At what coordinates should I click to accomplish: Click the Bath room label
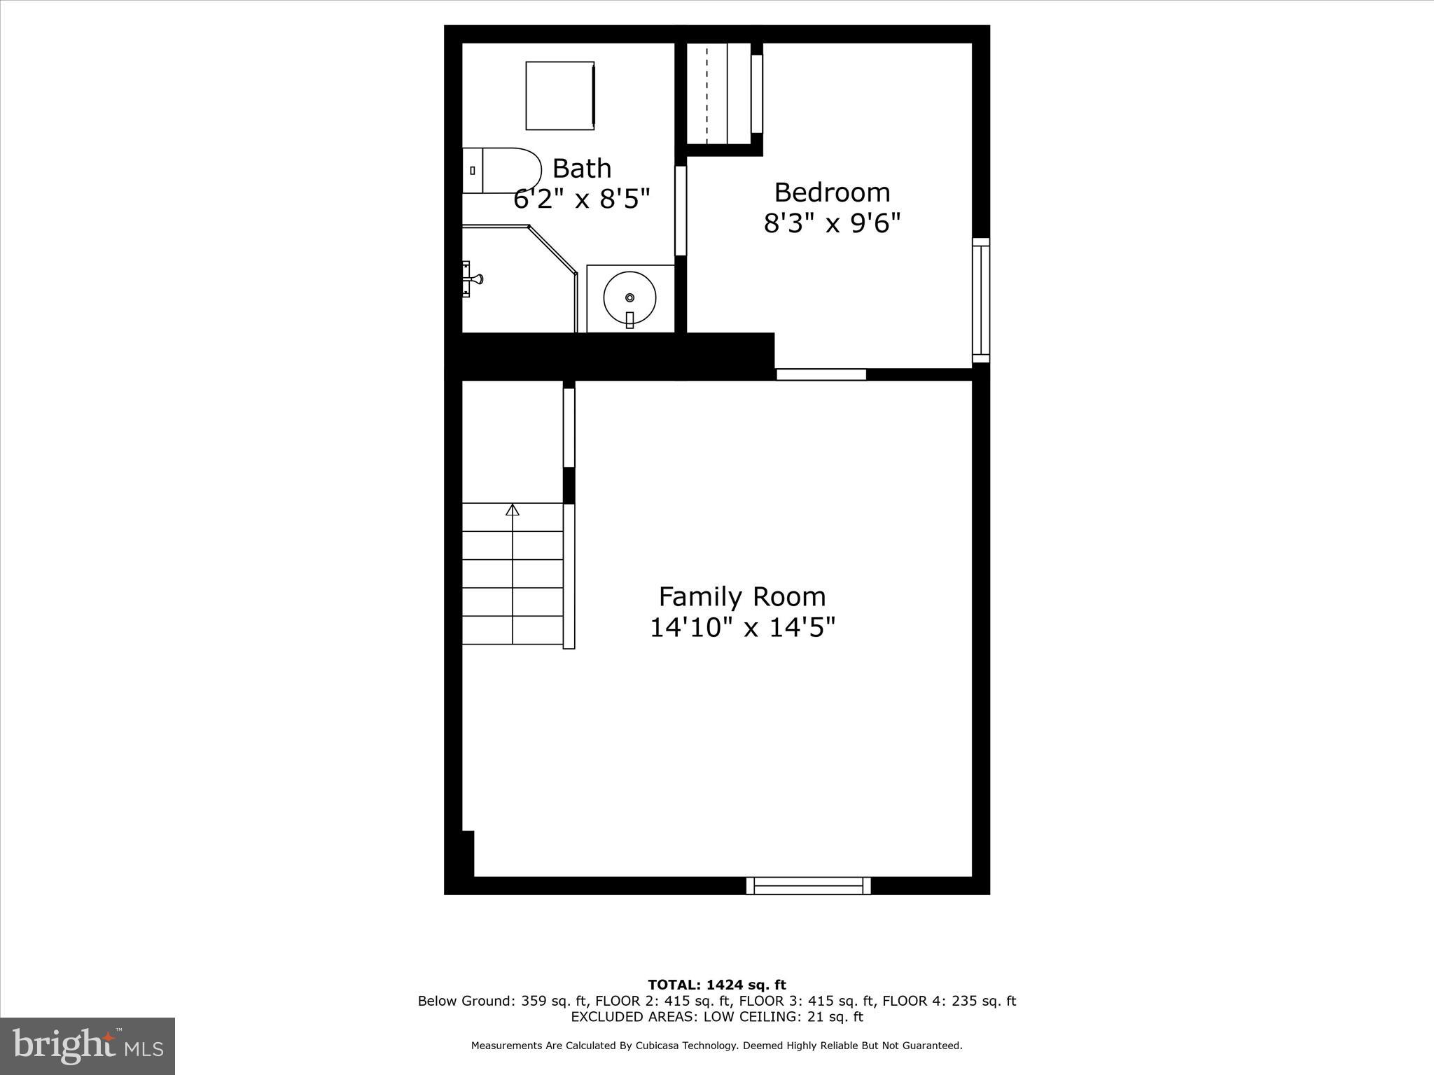point(581,168)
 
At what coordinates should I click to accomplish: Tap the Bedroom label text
point(832,192)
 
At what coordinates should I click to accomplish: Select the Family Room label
point(742,596)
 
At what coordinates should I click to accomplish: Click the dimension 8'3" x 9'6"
point(832,223)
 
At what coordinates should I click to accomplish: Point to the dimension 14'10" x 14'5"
point(742,628)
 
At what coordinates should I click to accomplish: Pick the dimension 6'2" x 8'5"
point(581,199)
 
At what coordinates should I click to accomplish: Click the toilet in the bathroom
point(502,170)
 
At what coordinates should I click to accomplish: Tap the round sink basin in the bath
point(629,297)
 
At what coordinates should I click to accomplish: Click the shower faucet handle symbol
point(472,279)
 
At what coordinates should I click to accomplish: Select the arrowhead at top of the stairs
point(513,510)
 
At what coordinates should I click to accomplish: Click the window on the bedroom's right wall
point(981,300)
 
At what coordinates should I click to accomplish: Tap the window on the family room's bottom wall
point(808,885)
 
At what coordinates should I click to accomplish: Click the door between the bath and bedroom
point(680,210)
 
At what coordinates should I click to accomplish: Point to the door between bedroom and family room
point(821,374)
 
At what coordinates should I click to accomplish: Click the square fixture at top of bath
point(560,95)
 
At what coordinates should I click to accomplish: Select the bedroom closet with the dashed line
point(719,94)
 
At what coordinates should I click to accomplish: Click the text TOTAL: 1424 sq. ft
point(717,985)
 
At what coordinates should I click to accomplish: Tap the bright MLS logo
point(88,1046)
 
